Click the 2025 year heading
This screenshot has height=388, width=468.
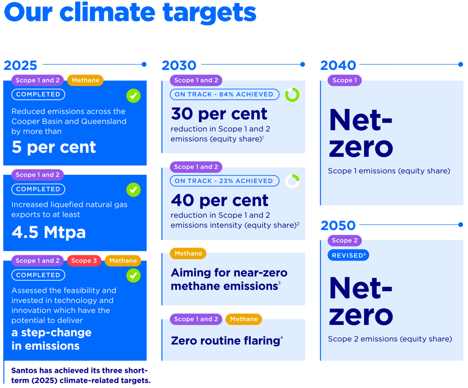[20, 65]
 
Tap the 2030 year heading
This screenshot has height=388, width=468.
[179, 65]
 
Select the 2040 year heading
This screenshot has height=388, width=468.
[338, 65]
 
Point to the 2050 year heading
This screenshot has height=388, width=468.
[338, 225]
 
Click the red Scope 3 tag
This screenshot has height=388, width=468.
[84, 260]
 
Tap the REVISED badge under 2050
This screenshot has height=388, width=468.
[348, 255]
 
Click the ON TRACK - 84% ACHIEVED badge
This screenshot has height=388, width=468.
[224, 94]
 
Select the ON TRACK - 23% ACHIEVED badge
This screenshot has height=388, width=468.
[224, 181]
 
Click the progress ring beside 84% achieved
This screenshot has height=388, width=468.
[292, 88]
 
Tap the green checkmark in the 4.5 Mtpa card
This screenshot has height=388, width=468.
[133, 190]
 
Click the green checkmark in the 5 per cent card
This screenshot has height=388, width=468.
[133, 96]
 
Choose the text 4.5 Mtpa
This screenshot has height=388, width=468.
[48, 232]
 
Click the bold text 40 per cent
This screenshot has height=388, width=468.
[219, 200]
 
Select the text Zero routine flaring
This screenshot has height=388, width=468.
[226, 341]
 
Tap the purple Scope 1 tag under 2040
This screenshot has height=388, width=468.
[345, 80]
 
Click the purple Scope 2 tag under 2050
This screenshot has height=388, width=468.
[345, 240]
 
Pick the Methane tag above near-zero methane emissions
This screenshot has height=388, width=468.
[188, 253]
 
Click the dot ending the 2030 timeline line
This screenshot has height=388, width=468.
[303, 65]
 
